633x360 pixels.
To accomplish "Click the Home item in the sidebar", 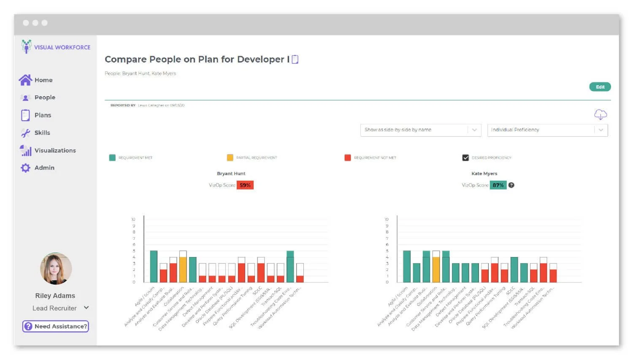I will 36,80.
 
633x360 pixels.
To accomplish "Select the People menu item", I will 38,97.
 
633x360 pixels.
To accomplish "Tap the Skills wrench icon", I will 26,133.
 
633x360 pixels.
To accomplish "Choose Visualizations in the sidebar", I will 48,150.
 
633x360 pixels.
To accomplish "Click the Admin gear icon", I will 26,168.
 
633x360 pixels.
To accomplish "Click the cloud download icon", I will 600,114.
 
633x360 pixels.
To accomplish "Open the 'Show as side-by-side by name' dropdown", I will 420,130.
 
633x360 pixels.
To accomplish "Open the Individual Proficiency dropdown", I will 547,130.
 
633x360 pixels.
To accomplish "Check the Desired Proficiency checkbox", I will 465,158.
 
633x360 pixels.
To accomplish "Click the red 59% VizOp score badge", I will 245,185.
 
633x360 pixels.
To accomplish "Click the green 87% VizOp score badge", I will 498,185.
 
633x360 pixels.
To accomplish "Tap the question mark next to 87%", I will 511,185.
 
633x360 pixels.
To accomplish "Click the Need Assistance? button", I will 56,326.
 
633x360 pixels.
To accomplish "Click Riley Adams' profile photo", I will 56,269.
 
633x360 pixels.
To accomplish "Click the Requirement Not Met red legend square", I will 348,158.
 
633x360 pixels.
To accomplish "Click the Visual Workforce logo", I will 56,47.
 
